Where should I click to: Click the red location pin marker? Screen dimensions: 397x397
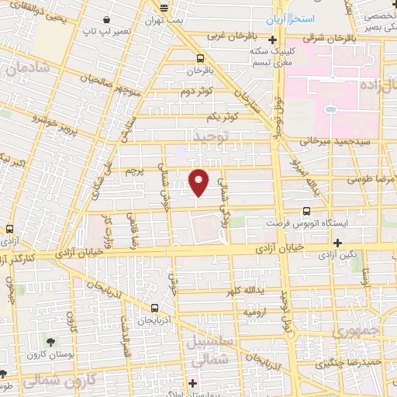coord(200,182)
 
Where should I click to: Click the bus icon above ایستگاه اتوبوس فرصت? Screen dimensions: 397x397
coord(306,211)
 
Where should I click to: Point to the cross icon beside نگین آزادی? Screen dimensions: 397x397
coord(338,243)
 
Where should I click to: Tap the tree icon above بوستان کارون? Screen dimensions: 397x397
coord(50,342)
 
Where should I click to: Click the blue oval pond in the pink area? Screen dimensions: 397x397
coord(331,110)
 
